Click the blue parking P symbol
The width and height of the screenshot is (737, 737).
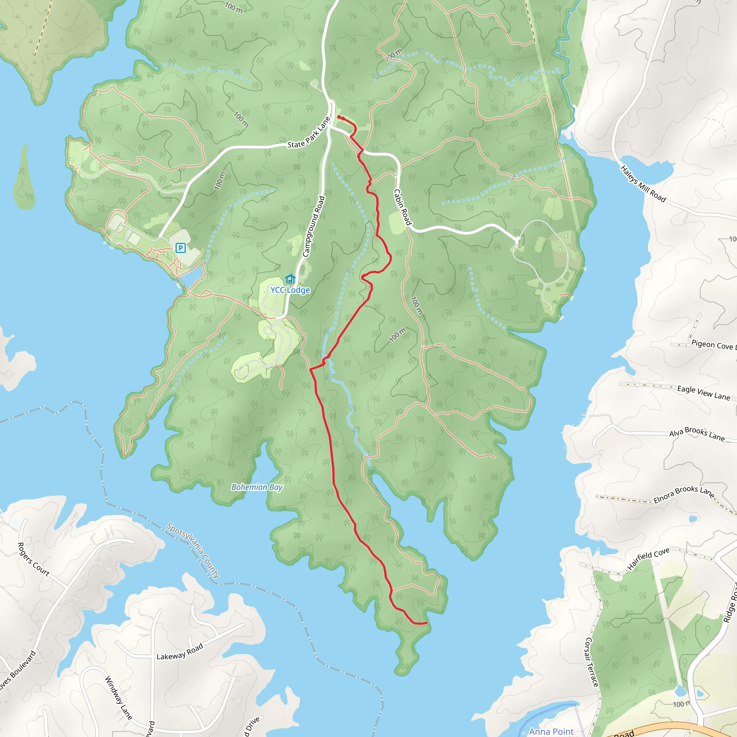[180, 248]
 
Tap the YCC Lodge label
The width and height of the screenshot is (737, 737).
[290, 290]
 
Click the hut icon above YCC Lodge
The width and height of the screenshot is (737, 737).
[290, 279]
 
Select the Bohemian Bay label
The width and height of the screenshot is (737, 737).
[257, 487]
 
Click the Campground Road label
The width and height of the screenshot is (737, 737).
[313, 227]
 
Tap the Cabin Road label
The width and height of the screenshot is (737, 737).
[402, 207]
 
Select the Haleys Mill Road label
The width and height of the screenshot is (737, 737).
[643, 184]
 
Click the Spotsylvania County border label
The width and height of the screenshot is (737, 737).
[193, 551]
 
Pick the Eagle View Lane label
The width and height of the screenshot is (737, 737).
[704, 393]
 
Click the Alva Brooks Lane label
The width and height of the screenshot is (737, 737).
[697, 434]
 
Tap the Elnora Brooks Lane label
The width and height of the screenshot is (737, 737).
[684, 495]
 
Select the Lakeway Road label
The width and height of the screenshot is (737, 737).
[180, 652]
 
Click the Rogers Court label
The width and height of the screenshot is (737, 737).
[33, 559]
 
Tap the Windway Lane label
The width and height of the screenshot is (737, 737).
[118, 698]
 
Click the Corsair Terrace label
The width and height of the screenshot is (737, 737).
[591, 662]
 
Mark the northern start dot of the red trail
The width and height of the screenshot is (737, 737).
[339, 117]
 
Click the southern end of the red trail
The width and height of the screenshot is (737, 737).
[426, 623]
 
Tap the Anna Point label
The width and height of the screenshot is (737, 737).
[551, 731]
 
